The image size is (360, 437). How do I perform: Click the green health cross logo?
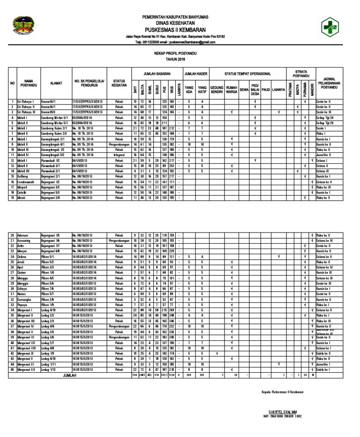pos(332,28)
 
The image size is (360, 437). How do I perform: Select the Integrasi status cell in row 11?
pos(119,154)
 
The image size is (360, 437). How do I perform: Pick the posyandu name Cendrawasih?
pos(28,181)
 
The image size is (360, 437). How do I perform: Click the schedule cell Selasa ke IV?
pos(324,267)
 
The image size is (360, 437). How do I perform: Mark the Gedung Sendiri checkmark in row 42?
pos(217,354)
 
